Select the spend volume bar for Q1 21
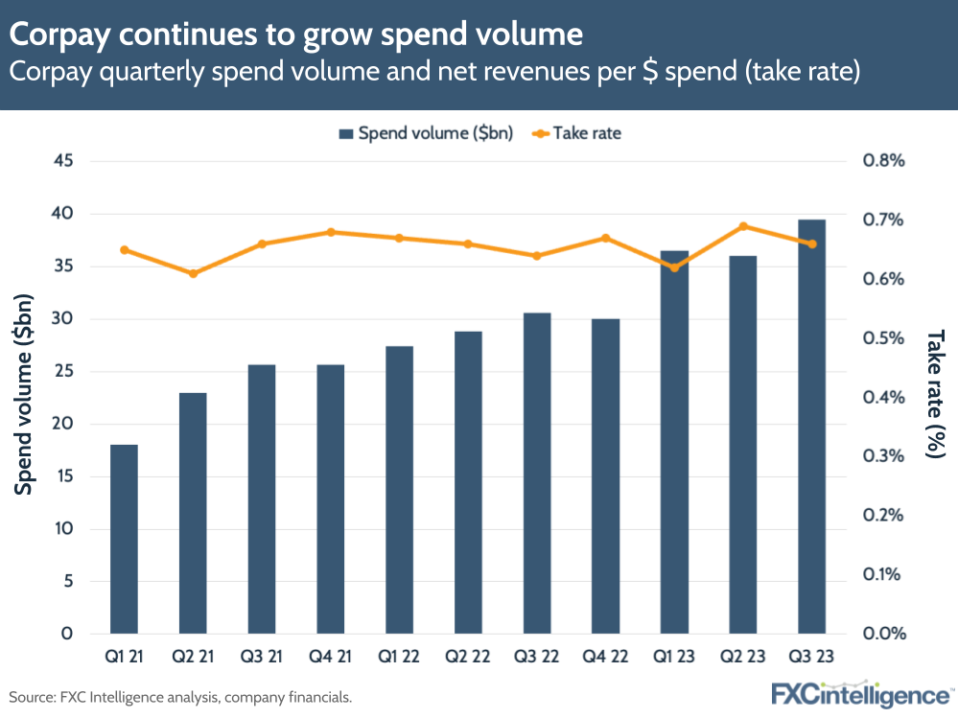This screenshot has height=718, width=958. (124, 539)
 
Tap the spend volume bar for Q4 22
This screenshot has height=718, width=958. (605, 475)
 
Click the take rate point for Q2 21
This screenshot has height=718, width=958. (193, 274)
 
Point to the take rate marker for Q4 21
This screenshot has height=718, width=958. (331, 232)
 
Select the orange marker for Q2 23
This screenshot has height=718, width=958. (743, 226)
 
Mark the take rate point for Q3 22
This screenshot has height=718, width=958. (537, 256)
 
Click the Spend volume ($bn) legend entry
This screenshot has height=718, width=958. (427, 133)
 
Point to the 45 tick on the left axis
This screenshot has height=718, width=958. (63, 161)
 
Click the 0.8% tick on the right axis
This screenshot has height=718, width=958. (883, 161)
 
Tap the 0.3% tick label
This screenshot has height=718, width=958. (883, 456)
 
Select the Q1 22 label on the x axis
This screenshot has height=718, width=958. (400, 659)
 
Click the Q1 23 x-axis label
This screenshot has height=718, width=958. (674, 659)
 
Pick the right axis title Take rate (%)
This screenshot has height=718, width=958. (934, 394)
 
